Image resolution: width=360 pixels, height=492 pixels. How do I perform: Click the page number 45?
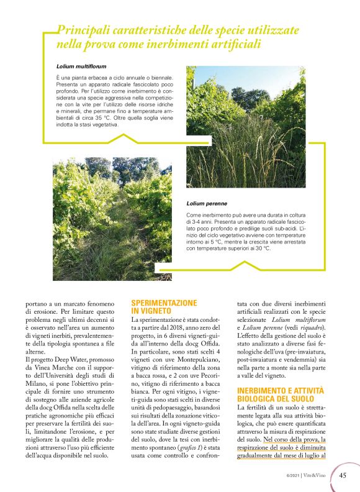pyautogui.click(x=343, y=476)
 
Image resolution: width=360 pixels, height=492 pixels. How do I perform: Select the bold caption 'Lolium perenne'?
pyautogui.click(x=206, y=203)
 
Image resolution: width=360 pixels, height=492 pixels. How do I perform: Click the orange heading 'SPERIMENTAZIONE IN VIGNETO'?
pyautogui.click(x=164, y=307)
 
